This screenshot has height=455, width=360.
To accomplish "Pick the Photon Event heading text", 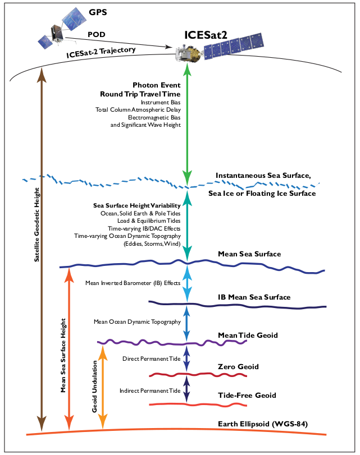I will coord(157,85).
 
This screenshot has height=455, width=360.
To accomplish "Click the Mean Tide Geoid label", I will coord(248,335).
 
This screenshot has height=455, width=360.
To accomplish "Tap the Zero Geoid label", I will coord(238,367).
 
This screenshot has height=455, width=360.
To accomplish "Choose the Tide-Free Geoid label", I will coord(247,396).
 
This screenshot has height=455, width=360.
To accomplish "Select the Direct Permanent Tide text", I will coord(151,358).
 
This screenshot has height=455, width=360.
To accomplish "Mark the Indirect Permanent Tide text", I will coord(149,390).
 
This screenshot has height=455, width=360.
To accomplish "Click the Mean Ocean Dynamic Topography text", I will coord(137,322).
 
